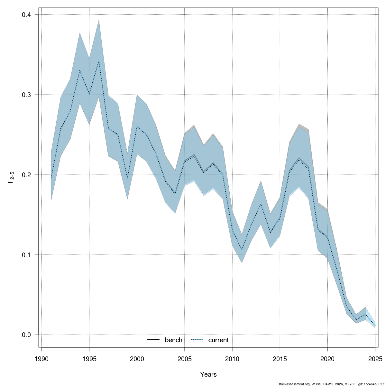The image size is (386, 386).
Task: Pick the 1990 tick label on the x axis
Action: pos(41,359)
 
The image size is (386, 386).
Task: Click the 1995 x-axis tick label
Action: pos(89,359)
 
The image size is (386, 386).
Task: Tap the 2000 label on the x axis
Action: pos(137,359)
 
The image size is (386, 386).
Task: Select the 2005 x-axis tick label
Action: pos(185,359)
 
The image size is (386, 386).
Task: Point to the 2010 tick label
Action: pos(232,359)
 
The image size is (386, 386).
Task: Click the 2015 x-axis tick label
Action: pos(280,359)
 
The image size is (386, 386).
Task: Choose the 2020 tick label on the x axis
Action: pos(327,359)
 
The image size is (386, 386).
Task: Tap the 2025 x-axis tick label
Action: pos(375,359)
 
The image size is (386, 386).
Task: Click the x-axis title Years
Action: pos(208,374)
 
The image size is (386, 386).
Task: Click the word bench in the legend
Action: pos(173,340)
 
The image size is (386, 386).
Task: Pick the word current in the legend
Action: pos(218,340)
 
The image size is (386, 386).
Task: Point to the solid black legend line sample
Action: pos(154,340)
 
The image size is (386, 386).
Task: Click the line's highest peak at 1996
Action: pos(99,61)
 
